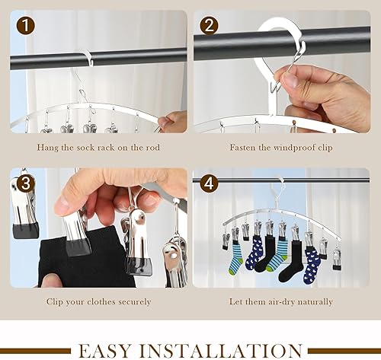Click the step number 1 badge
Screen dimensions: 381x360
pos(26,26)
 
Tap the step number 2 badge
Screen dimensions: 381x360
pos(209,26)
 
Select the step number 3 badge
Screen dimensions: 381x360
pos(26,183)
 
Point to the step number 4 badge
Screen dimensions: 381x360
pos(209,183)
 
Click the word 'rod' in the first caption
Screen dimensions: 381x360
pos(153,148)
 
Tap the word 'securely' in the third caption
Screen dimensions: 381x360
pos(135,302)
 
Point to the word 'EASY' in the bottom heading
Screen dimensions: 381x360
pos(105,351)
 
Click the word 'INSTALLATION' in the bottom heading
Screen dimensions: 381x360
pos(221,351)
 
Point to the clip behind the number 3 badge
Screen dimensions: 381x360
pos(25,208)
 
